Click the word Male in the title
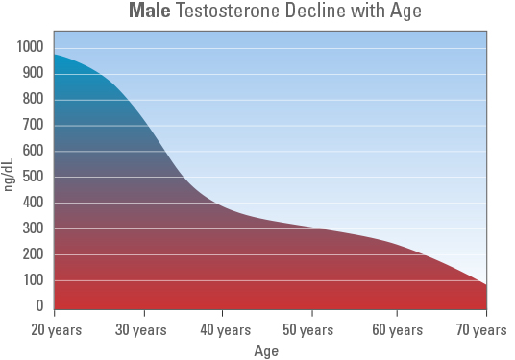pyautogui.click(x=149, y=12)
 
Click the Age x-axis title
pyautogui.click(x=266, y=350)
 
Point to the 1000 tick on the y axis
pyautogui.click(x=30, y=47)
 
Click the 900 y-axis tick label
pyautogui.click(x=33, y=73)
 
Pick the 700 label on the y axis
pyautogui.click(x=33, y=125)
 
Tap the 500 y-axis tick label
pyautogui.click(x=33, y=177)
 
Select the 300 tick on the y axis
pyautogui.click(x=33, y=228)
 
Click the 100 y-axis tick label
pyautogui.click(x=33, y=280)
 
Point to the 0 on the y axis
pyautogui.click(x=39, y=306)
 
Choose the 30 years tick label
pyautogui.click(x=141, y=330)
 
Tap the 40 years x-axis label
pyautogui.click(x=226, y=330)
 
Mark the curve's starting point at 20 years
pyautogui.click(x=55, y=54)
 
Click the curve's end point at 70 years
pyautogui.click(x=486, y=285)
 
